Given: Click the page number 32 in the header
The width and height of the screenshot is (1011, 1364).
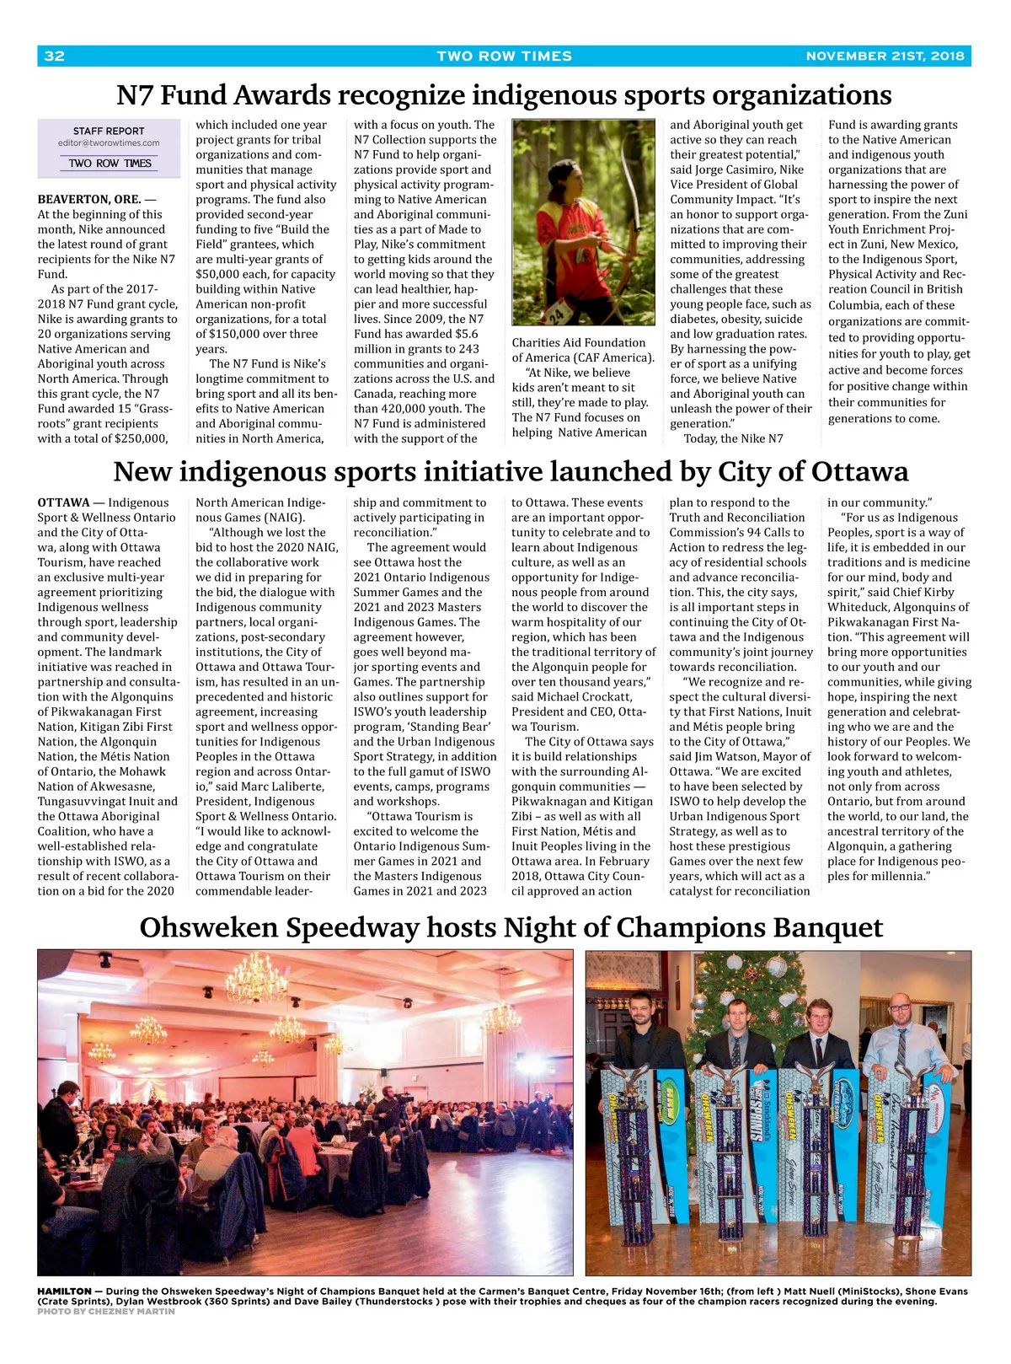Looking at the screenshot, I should (54, 56).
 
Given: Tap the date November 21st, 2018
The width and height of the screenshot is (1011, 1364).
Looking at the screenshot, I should (885, 56).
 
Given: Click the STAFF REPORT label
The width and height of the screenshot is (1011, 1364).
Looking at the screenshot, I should (109, 131).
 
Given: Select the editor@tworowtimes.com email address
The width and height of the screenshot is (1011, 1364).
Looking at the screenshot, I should (109, 143).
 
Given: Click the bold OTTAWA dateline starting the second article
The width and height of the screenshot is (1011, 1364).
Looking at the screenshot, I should (63, 503).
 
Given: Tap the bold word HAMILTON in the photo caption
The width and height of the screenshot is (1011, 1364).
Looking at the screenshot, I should (64, 1292).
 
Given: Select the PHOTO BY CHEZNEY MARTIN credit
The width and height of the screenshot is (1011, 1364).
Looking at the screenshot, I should (106, 1311).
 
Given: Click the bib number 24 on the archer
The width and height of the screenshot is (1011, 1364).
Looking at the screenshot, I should (557, 316).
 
